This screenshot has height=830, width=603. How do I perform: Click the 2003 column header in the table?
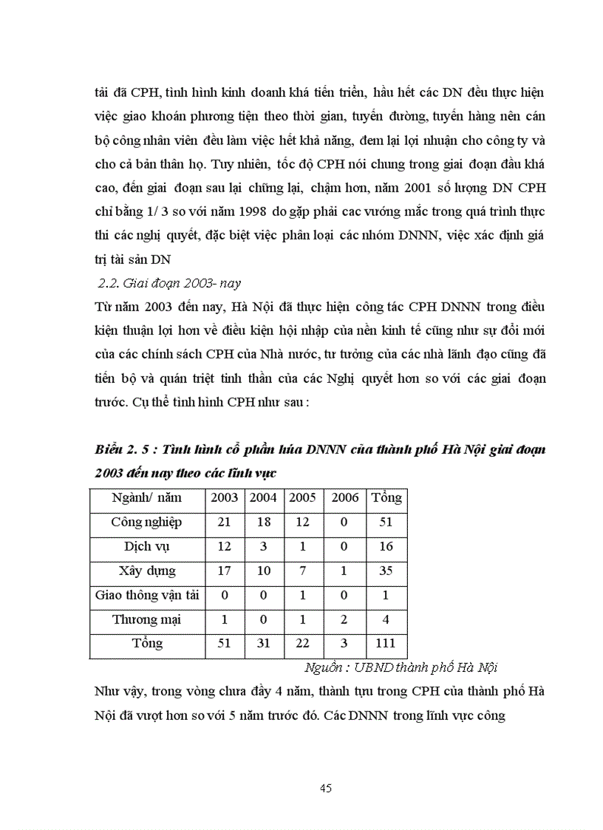[x=225, y=497]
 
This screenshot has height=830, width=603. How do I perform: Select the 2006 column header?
[x=344, y=497]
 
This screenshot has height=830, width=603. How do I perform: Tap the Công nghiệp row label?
[x=146, y=522]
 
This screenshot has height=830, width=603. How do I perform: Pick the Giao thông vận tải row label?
[x=146, y=595]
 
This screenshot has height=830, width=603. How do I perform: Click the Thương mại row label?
[x=146, y=619]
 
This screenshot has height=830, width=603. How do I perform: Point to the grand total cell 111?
[x=386, y=644]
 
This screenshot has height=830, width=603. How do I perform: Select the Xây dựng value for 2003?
[x=225, y=571]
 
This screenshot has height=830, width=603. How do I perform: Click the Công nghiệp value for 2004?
[x=263, y=522]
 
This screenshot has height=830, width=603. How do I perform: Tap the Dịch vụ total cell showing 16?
[x=386, y=546]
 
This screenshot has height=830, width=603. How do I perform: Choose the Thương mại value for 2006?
[x=344, y=619]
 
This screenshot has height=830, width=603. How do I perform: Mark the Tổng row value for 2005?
[x=302, y=644]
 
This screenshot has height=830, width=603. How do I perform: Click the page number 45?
[x=326, y=788]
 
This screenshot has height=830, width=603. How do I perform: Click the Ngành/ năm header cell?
[x=146, y=497]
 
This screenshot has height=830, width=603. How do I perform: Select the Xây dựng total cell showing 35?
[x=386, y=571]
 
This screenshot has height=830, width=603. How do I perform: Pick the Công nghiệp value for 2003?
[x=225, y=522]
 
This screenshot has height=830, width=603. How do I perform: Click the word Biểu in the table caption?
[x=111, y=450]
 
